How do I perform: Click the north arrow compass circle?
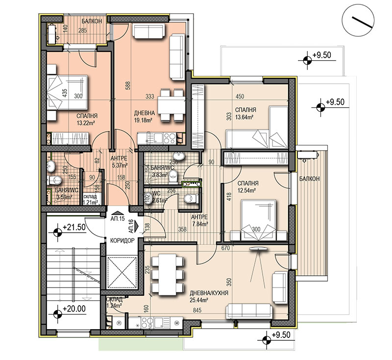coord(358,21)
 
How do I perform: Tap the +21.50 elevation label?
coord(74,227)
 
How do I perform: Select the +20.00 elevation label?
coord(74,309)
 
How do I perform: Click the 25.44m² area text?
coord(199,300)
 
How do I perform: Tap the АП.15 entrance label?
coord(118,219)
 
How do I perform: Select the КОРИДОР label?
coord(122,240)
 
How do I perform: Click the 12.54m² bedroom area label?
coord(246,191)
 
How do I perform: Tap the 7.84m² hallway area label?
coord(200,224)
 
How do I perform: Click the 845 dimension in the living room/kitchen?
coord(197,310)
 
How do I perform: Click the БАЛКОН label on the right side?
coord(310,179)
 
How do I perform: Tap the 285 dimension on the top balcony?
coord(82,31)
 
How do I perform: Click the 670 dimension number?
coord(225,248)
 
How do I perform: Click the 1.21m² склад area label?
coord(91,202)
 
